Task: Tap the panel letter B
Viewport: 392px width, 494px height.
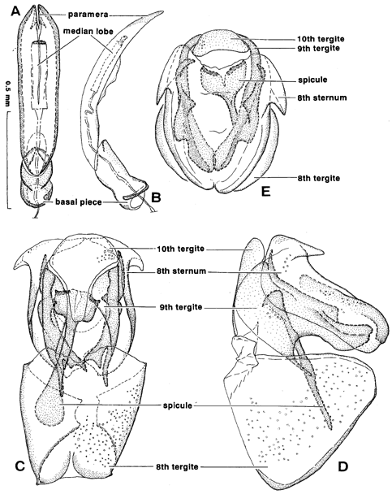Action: (x=156, y=197)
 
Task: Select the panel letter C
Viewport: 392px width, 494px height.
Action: (x=19, y=466)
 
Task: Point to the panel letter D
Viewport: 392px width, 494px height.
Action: (x=343, y=466)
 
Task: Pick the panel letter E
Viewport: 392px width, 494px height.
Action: (x=266, y=191)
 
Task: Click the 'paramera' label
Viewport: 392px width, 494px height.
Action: (x=88, y=15)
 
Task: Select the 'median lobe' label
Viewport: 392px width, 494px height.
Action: (x=88, y=31)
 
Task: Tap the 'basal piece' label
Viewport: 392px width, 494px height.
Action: (x=79, y=201)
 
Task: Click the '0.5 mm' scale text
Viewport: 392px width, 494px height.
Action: (x=7, y=93)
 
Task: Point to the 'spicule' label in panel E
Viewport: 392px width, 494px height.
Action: (x=312, y=80)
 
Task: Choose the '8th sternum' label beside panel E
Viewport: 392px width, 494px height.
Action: (x=321, y=97)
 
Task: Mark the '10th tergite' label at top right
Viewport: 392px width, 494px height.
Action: (x=321, y=39)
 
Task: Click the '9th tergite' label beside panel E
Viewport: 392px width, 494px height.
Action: (x=318, y=48)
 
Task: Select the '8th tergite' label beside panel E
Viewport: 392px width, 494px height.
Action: (x=318, y=178)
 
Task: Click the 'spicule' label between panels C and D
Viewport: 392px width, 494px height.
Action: (x=178, y=405)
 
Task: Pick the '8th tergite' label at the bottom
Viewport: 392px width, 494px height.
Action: (x=177, y=466)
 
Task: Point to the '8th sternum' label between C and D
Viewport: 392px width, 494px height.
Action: (x=181, y=271)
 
